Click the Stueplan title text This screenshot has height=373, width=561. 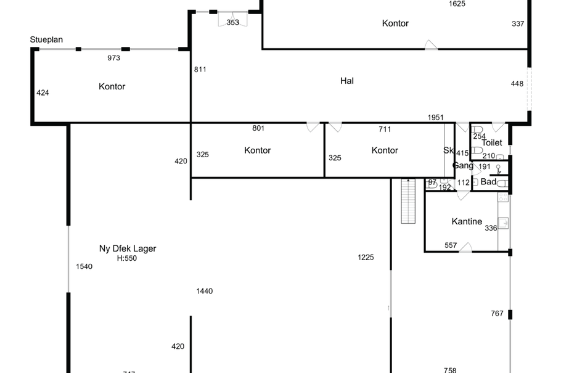(47, 40)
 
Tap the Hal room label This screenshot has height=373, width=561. (347, 81)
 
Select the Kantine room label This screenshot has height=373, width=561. (467, 221)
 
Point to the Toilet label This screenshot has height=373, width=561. (492, 142)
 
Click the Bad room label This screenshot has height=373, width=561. (488, 182)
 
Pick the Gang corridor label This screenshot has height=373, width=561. (463, 166)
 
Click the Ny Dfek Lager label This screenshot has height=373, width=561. (128, 249)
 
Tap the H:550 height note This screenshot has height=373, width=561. (127, 258)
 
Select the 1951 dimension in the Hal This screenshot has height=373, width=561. (436, 117)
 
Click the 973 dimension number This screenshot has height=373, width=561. (113, 58)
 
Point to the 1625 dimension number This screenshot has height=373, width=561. (457, 4)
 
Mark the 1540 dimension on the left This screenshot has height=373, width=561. (84, 266)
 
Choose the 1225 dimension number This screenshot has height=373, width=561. (366, 258)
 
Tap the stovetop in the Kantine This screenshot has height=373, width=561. (504, 197)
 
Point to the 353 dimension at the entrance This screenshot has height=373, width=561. (232, 22)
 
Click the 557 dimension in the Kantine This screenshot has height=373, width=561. (451, 245)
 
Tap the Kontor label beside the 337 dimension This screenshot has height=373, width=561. (395, 23)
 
